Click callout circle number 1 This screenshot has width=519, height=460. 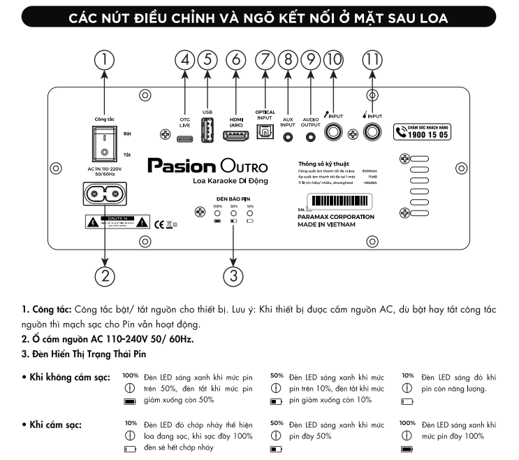pyautogui.click(x=104, y=59)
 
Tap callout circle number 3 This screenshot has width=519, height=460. pyautogui.click(x=233, y=275)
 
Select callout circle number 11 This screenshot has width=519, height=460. pyautogui.click(x=373, y=59)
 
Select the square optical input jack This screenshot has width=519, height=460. pyautogui.click(x=265, y=134)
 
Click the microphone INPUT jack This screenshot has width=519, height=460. pyautogui.click(x=335, y=133)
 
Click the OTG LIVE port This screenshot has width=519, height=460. pyautogui.click(x=185, y=138)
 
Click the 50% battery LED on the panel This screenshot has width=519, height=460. pyautogui.click(x=234, y=213)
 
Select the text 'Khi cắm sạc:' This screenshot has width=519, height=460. pyautogui.click(x=52, y=424)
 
